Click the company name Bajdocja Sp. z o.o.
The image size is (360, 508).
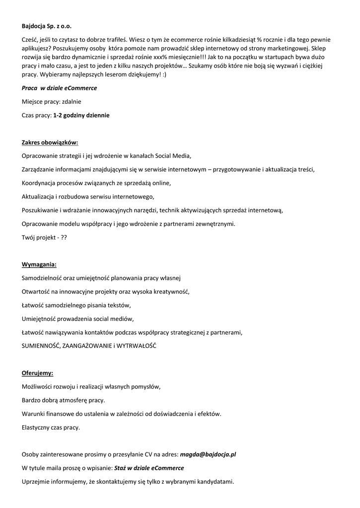click(50, 26)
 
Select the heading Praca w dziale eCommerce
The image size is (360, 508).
click(59, 88)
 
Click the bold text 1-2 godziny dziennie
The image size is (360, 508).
click(81, 115)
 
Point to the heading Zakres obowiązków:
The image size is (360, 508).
click(50, 142)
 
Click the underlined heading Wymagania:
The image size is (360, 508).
click(39, 264)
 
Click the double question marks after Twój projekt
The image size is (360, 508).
click(64, 238)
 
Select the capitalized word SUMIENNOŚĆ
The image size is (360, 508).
click(41, 345)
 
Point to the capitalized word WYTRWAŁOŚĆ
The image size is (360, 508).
click(136, 345)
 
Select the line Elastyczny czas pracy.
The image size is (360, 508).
click(51, 427)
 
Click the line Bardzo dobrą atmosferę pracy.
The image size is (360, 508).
click(64, 399)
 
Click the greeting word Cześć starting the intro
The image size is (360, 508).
click(30, 40)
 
